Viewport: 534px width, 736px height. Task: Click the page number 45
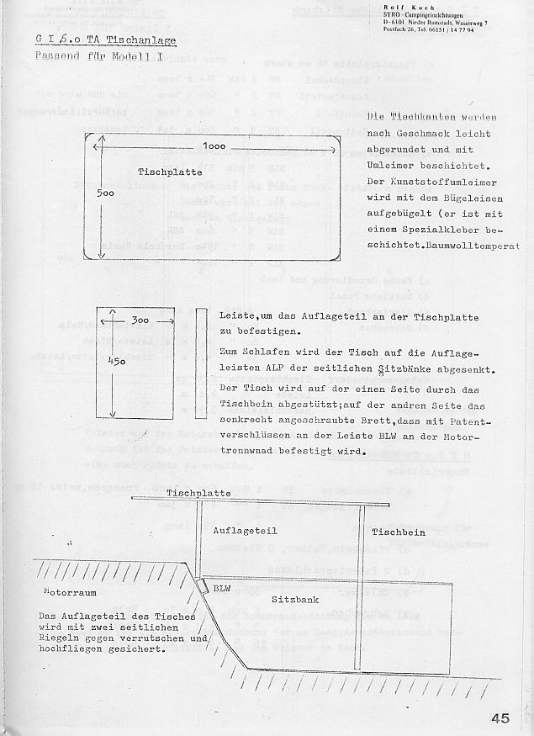point(501,717)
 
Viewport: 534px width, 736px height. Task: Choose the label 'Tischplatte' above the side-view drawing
point(195,493)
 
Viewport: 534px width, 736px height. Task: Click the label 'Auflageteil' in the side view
point(245,531)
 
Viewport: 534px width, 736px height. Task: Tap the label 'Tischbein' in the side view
point(399,532)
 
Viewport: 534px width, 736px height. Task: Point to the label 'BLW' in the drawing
point(222,589)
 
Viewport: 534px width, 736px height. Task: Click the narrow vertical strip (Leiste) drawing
point(201,363)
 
